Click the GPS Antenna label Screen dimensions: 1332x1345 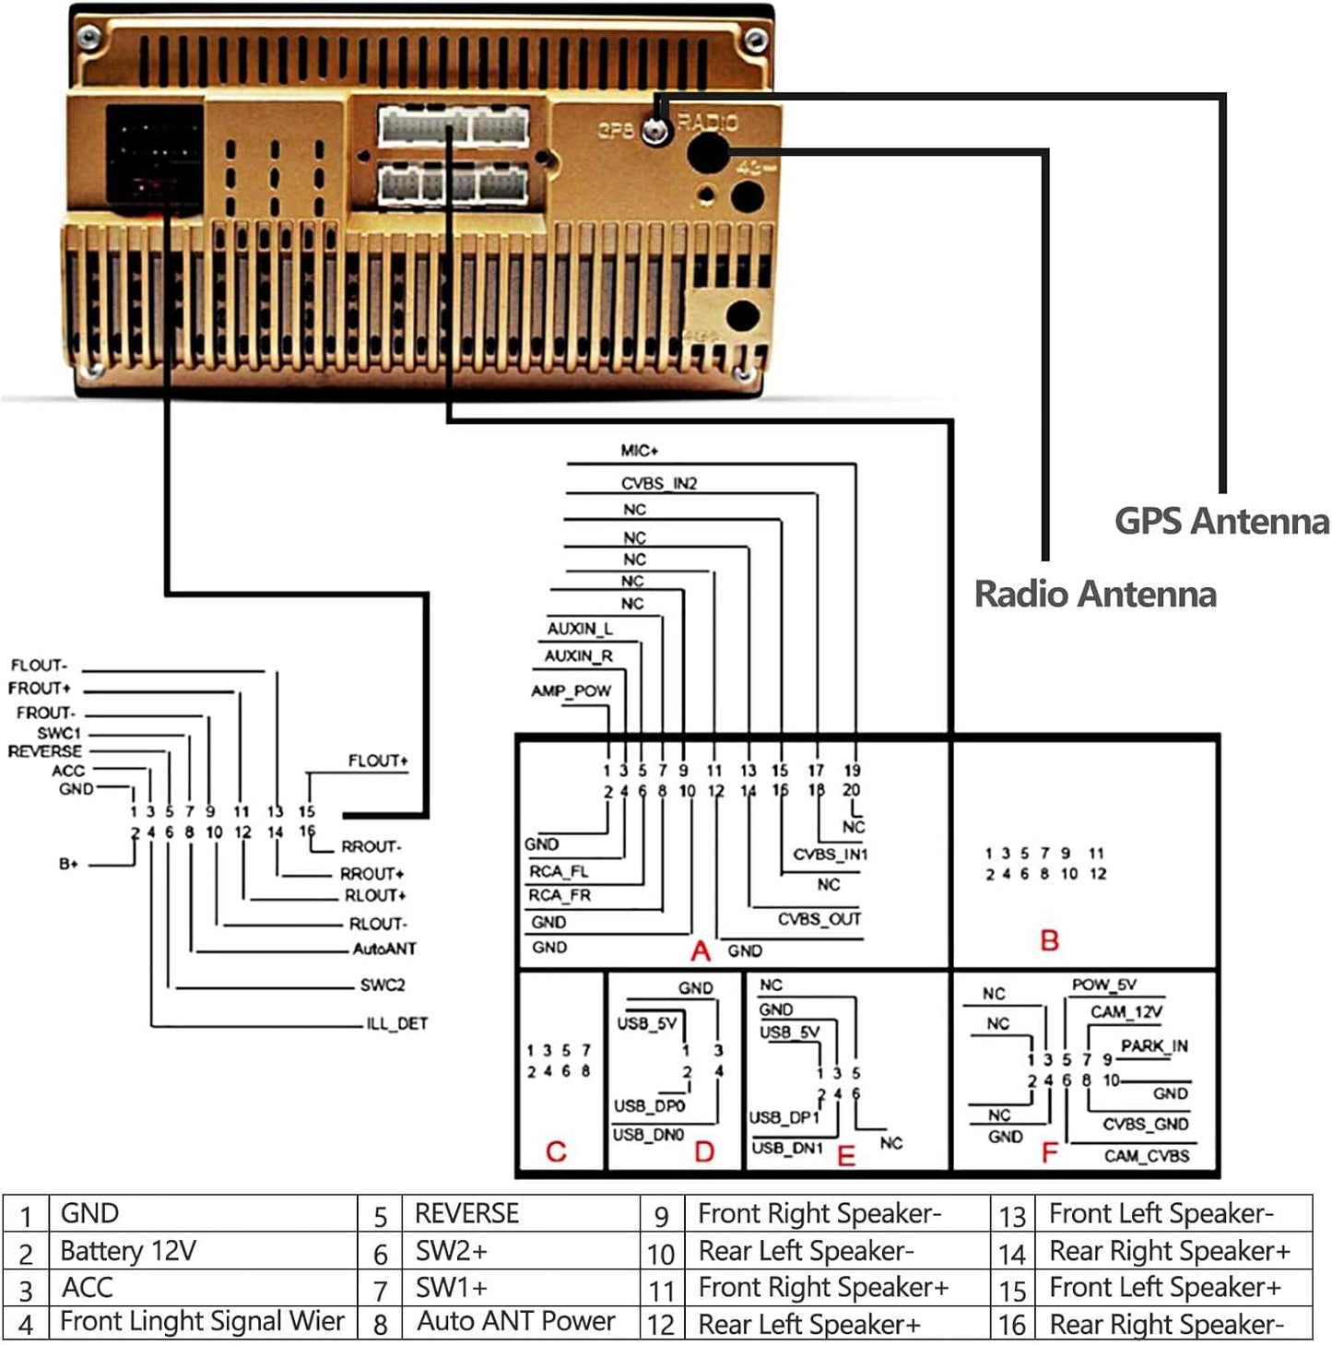[1221, 522]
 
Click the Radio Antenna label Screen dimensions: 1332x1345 [1095, 594]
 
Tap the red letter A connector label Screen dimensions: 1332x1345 [701, 950]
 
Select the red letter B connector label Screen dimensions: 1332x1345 [1049, 941]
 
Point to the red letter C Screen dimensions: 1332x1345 [556, 1151]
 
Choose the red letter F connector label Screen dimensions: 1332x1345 [1049, 1153]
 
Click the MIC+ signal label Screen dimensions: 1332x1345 [640, 451]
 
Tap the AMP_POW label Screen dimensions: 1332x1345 [572, 691]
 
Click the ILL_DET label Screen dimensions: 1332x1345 [396, 1024]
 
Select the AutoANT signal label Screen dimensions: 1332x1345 [384, 949]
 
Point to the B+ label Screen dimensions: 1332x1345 [68, 864]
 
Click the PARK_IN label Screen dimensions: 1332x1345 [1154, 1045]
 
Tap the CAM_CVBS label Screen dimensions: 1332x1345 [1147, 1156]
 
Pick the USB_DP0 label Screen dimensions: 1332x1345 [649, 1105]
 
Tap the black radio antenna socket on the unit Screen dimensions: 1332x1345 [707, 153]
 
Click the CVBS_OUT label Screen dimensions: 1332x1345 [819, 919]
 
